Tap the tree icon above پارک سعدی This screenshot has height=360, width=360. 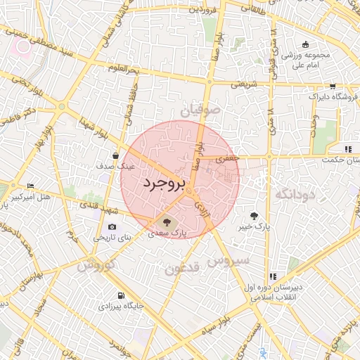point(166,221)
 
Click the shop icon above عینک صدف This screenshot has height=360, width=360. point(115,156)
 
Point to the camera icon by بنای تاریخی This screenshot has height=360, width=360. point(112,227)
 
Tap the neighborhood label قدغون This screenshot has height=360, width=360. point(183,267)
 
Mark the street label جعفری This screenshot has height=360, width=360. point(226,160)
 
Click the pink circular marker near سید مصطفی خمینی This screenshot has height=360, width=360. point(24,46)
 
